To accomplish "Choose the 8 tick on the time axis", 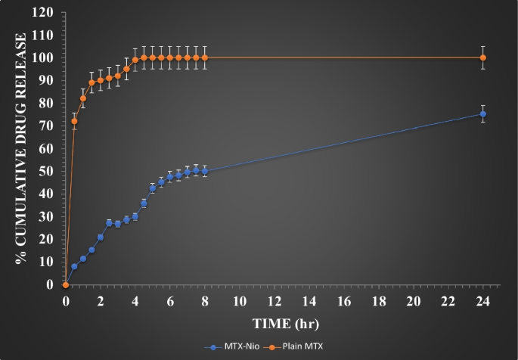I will pyautogui.click(x=205, y=300).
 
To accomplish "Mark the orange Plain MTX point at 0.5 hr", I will pyautogui.click(x=74, y=121).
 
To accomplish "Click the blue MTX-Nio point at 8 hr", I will pyautogui.click(x=205, y=171).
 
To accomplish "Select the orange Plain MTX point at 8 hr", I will pyautogui.click(x=205, y=57).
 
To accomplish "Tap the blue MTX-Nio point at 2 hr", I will pyautogui.click(x=101, y=237).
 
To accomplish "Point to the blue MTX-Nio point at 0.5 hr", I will pyautogui.click(x=74, y=267).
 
